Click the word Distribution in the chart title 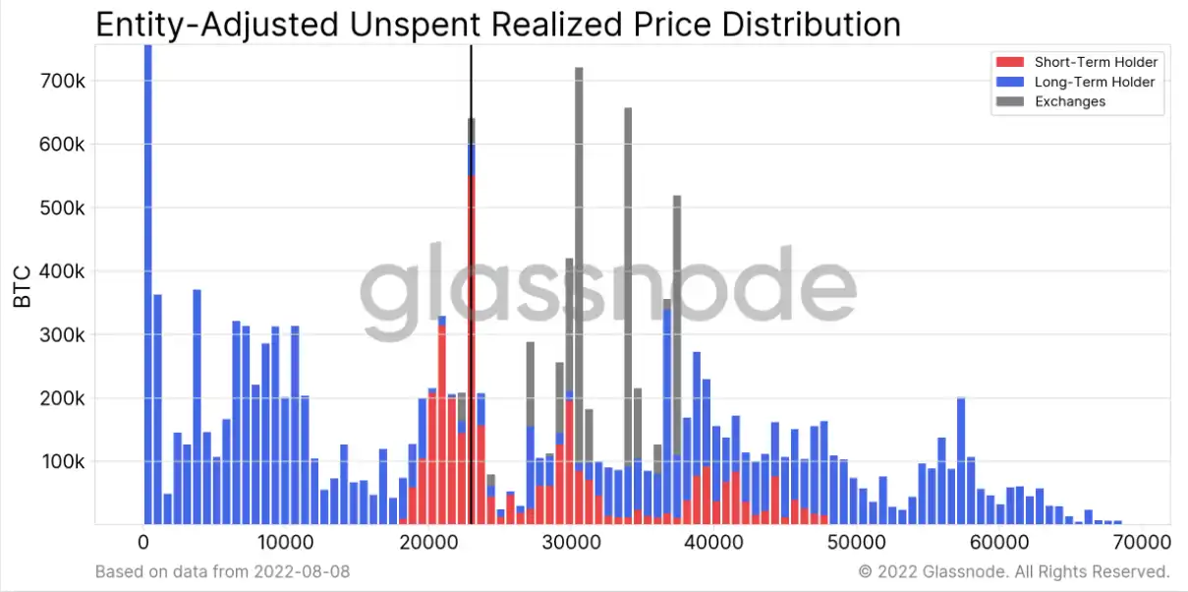[x=812, y=25]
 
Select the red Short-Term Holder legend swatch [x=1010, y=62]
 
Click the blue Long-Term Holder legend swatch [x=1010, y=82]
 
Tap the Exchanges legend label [x=1070, y=101]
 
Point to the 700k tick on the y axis [x=62, y=82]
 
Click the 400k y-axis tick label [x=62, y=271]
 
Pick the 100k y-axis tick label [x=63, y=462]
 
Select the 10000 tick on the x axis [x=285, y=542]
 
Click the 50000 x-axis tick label [x=856, y=542]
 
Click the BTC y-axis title [x=22, y=287]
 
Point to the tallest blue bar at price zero [x=148, y=284]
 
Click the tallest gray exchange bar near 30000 [x=579, y=266]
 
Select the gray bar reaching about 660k [x=628, y=287]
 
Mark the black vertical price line [x=471, y=284]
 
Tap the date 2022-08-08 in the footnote [x=302, y=571]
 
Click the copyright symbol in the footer [x=865, y=571]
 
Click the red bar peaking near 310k [x=442, y=425]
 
